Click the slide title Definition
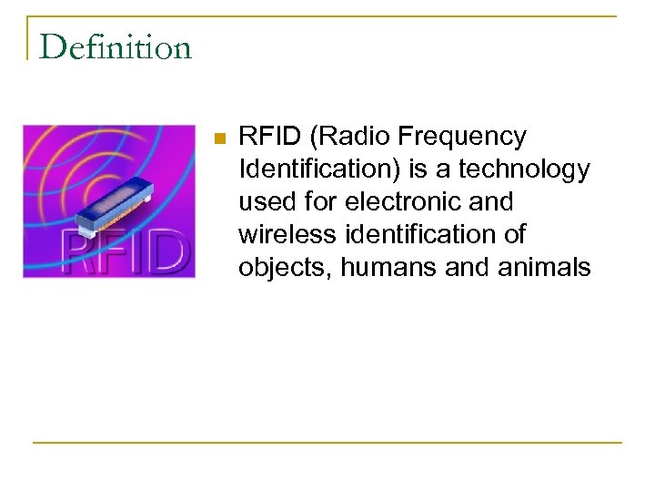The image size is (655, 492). pos(116,46)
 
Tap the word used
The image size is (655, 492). pos(266,202)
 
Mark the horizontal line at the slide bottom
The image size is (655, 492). pos(327,443)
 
